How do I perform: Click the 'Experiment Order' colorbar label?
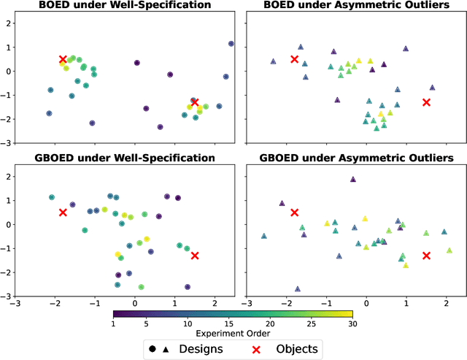tap(233, 333)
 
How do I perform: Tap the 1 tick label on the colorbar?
tap(114, 323)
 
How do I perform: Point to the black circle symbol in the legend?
tap(151, 348)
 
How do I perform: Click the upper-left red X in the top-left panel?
tap(63, 59)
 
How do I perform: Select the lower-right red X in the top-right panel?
tap(426, 102)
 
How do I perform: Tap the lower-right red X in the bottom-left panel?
tap(195, 256)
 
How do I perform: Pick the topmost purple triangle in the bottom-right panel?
tap(353, 179)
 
